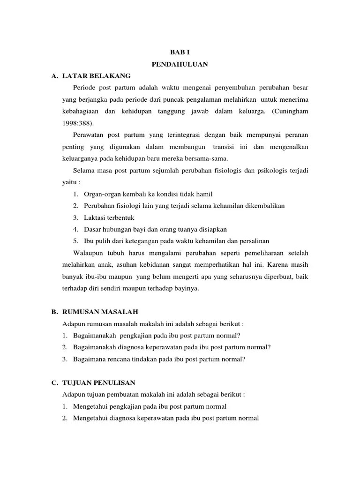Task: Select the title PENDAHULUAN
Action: pyautogui.click(x=180, y=64)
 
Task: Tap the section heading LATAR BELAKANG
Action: pyautogui.click(x=97, y=75)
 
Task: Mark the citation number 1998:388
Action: pyautogui.click(x=77, y=123)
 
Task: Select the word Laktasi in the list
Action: pyautogui.click(x=95, y=217)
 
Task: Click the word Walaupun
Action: pyautogui.click(x=89, y=253)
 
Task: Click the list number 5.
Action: pyautogui.click(x=75, y=241)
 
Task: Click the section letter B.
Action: pyautogui.click(x=54, y=312)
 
